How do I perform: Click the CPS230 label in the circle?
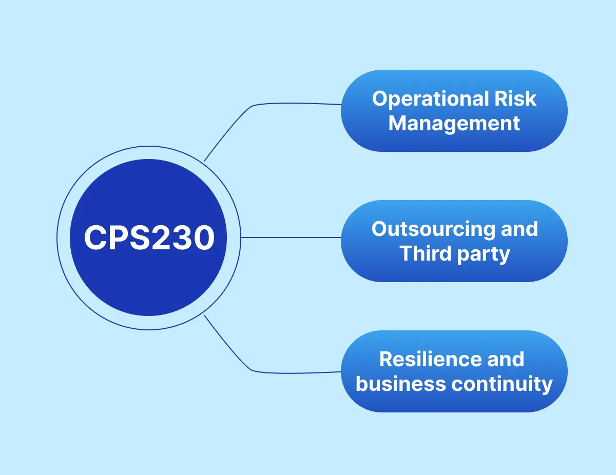148,238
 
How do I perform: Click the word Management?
454,124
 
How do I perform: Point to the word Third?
422,253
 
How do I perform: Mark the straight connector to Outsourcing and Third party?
291,237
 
